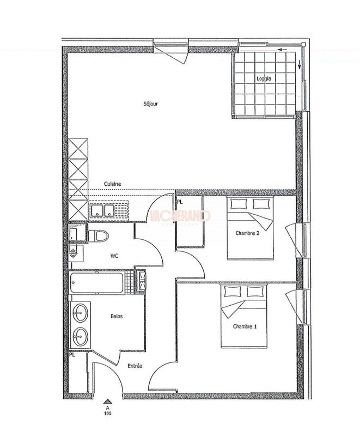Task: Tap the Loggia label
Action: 264,78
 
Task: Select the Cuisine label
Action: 113,184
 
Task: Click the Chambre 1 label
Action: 245,326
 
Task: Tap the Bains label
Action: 117,316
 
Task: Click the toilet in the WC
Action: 98,235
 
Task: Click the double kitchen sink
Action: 102,211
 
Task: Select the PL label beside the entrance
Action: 72,355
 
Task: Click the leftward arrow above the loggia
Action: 282,50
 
